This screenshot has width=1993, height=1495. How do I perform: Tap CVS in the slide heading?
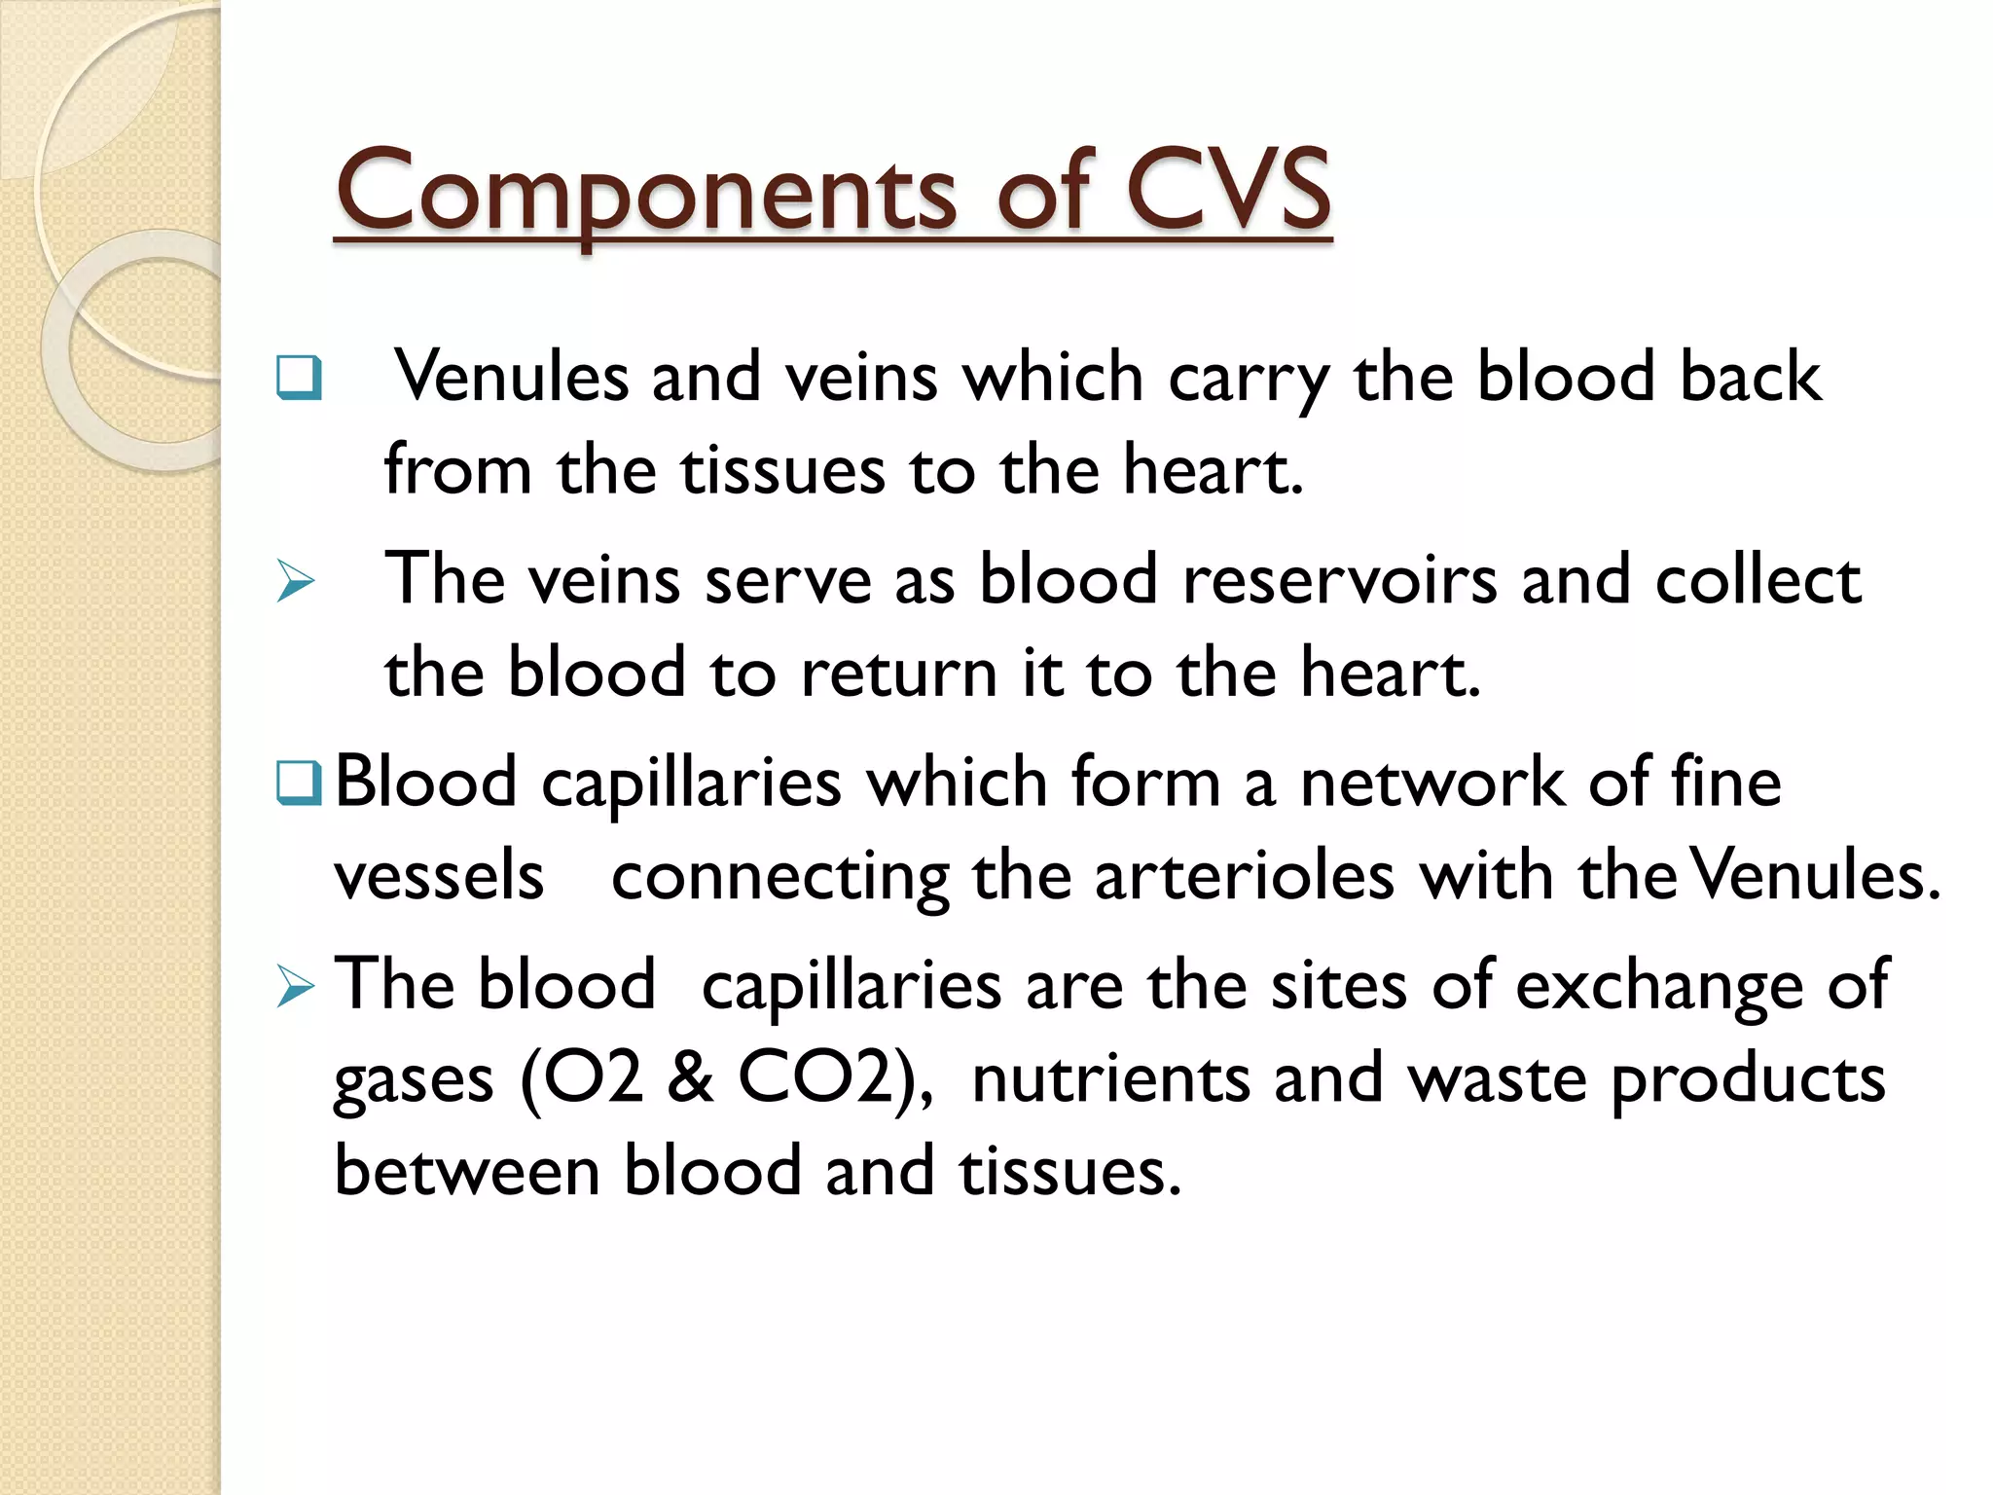pyautogui.click(x=1228, y=191)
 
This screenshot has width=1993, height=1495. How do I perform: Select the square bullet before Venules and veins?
pyautogui.click(x=299, y=377)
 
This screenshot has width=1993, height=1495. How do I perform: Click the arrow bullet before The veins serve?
pyautogui.click(x=296, y=581)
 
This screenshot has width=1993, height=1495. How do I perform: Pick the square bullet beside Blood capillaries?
pyautogui.click(x=299, y=783)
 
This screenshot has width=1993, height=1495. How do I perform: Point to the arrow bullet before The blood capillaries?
pyautogui.click(x=296, y=986)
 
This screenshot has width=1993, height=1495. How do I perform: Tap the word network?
pyautogui.click(x=1432, y=783)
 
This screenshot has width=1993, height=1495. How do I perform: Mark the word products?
pyautogui.click(x=1748, y=1080)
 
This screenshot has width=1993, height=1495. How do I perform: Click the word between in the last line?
pyautogui.click(x=466, y=1171)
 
